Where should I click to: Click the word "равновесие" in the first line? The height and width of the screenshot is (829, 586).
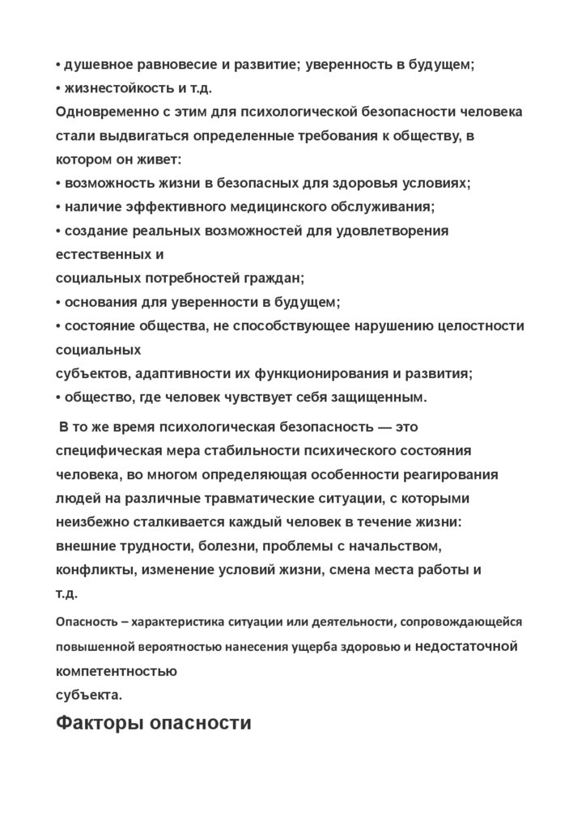pos(163,65)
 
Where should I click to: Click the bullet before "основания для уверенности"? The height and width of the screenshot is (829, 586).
pos(58,303)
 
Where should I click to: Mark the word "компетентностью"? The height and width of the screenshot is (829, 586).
pos(117,671)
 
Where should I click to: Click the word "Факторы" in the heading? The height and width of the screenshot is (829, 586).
pos(100,723)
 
